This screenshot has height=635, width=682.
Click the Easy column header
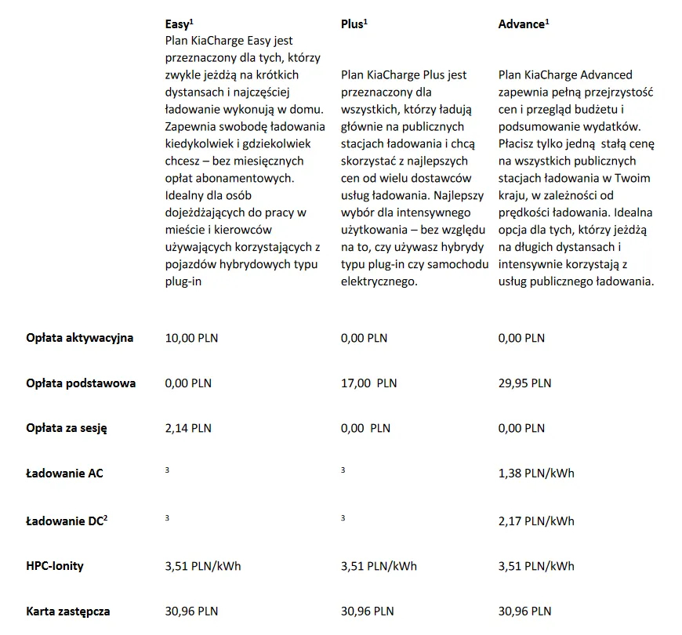coord(179,24)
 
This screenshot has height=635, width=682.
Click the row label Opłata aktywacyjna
coord(79,338)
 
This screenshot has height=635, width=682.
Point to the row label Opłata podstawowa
coord(80,383)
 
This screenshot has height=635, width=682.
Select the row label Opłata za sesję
coord(66,428)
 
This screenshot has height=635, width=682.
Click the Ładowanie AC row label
coord(64,474)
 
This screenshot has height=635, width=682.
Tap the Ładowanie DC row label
coord(66,520)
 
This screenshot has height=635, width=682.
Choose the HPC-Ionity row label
coord(55,565)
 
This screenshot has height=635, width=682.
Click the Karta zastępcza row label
coord(67,611)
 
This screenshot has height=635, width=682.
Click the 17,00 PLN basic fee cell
coord(368,383)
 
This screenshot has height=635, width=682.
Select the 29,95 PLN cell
coord(524,383)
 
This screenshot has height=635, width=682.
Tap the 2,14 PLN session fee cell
coord(188,428)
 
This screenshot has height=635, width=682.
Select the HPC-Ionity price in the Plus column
coord(379,565)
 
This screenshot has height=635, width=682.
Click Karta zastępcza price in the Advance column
coord(524,611)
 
